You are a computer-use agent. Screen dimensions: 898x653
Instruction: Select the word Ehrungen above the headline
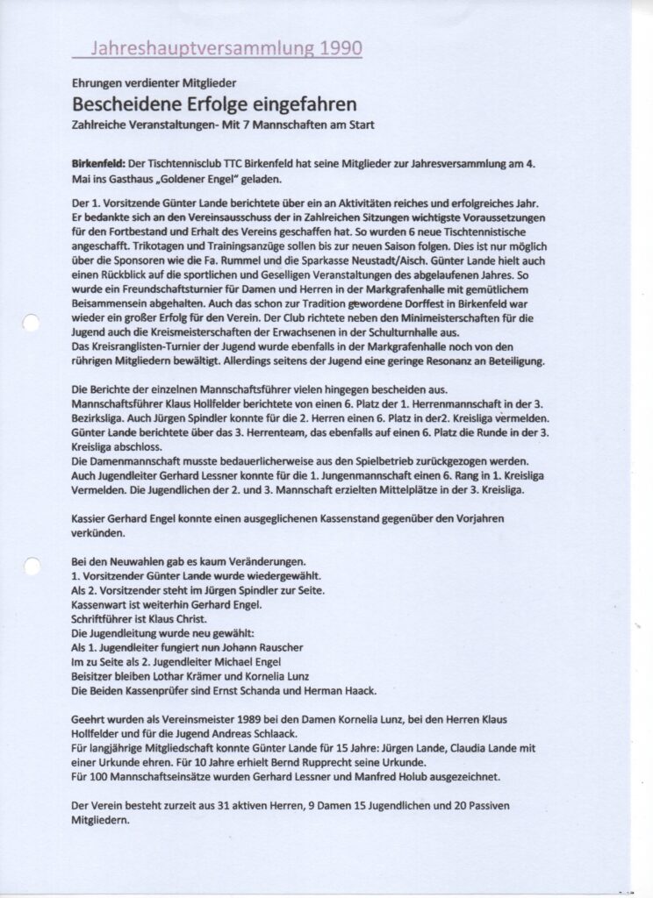(99, 85)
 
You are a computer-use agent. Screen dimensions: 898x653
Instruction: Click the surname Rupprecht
(298, 761)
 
